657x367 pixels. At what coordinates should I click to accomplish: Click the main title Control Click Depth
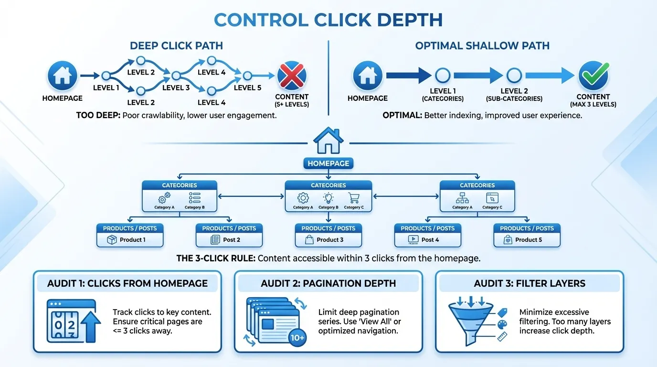(328, 20)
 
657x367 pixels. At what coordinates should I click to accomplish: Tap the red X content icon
(292, 76)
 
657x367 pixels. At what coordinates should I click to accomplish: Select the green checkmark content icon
(593, 76)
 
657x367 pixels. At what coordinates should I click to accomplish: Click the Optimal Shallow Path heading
(482, 46)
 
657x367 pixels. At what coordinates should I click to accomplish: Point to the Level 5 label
(247, 87)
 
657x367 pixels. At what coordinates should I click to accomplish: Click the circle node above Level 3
(176, 76)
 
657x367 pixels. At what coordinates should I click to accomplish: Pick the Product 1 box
(130, 239)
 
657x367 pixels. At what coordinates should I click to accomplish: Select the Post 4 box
(427, 239)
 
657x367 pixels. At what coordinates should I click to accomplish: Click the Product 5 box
(527, 239)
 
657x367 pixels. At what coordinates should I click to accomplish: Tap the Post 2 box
(229, 239)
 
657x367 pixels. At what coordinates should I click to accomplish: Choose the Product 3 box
(328, 239)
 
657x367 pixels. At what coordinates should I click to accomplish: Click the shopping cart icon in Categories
(354, 198)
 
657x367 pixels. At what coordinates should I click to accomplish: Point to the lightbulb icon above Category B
(328, 198)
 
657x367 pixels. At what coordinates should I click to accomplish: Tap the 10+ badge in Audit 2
(297, 338)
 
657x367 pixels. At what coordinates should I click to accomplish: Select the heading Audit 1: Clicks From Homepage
(127, 283)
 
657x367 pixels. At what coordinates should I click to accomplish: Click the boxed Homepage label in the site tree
(328, 163)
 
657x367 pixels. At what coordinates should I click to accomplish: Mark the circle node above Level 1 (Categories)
(443, 76)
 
